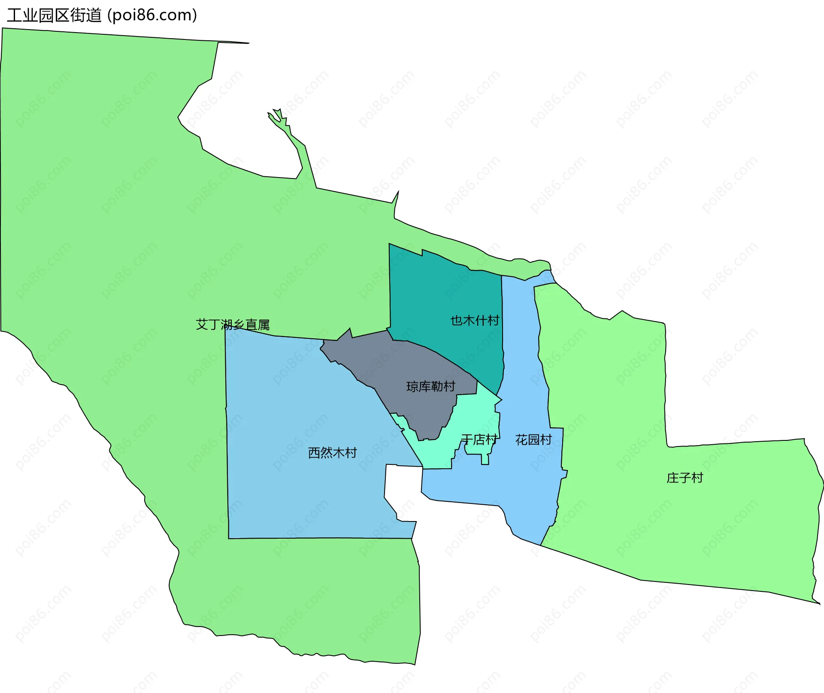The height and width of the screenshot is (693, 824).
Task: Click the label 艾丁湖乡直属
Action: coord(233,325)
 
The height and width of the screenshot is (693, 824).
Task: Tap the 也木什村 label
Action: coord(475,320)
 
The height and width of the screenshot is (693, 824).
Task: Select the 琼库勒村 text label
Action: coord(430,386)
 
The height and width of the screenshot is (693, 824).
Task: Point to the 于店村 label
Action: coord(479,440)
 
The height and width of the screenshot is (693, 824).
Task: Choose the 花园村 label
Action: coord(533,440)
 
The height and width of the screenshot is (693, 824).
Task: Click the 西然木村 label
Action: coord(332,453)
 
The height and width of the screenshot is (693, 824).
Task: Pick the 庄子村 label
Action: coord(685,478)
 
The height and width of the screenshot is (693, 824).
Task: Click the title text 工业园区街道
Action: coord(54,15)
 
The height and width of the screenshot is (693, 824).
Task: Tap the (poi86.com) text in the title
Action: coord(152,15)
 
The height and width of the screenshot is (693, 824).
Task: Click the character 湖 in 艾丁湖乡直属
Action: coord(227,325)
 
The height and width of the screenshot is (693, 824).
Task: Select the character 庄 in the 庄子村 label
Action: coord(672,478)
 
